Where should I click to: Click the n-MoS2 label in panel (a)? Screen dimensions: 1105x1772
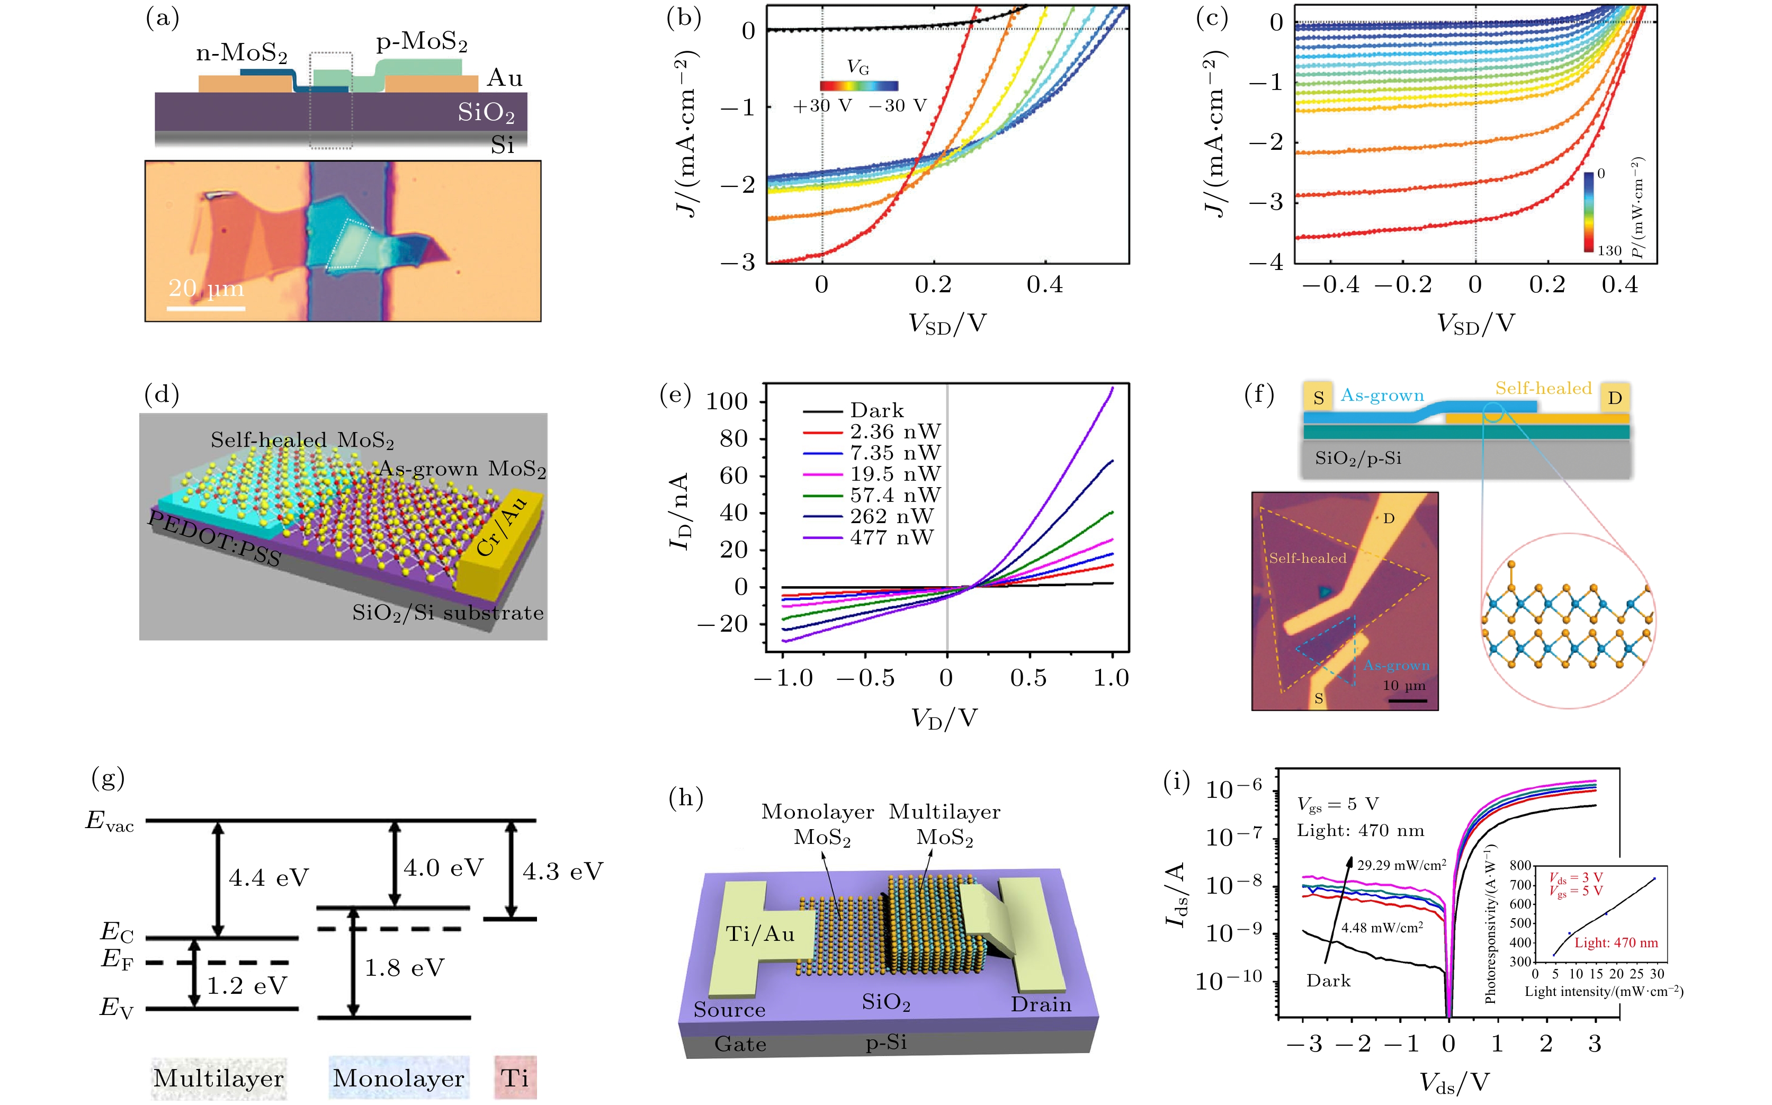(x=241, y=53)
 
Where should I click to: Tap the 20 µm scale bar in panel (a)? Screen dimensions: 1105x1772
(x=205, y=308)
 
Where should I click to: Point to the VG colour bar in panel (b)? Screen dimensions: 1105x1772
(x=858, y=85)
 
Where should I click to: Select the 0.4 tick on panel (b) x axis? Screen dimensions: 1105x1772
(x=1045, y=284)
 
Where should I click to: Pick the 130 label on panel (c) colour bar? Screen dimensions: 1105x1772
(x=1609, y=250)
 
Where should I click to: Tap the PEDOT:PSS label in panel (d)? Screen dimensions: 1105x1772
(x=214, y=540)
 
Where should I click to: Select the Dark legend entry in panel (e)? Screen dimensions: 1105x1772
(x=876, y=411)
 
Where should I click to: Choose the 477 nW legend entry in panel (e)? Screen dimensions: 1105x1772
(x=891, y=538)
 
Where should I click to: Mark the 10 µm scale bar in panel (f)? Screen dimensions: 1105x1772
(x=1407, y=700)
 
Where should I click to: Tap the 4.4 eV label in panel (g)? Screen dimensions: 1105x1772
(x=269, y=878)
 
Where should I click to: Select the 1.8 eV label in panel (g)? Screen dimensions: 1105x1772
(x=404, y=968)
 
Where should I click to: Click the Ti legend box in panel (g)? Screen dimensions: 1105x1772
(x=515, y=1077)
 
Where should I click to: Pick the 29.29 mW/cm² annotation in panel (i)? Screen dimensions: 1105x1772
(x=1401, y=865)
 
